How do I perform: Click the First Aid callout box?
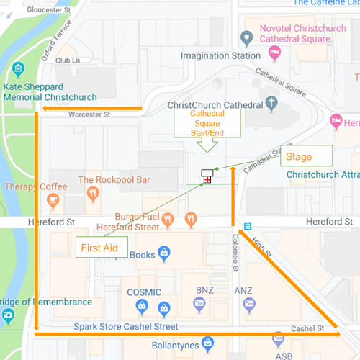(x=101, y=247)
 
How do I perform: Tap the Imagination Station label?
(x=220, y=55)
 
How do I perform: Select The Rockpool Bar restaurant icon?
(x=92, y=194)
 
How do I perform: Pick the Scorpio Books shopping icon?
(x=165, y=253)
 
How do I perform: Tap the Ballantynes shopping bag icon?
(x=208, y=342)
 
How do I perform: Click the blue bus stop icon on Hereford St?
(x=248, y=225)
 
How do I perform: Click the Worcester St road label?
(x=89, y=114)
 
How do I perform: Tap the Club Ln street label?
(x=66, y=61)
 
